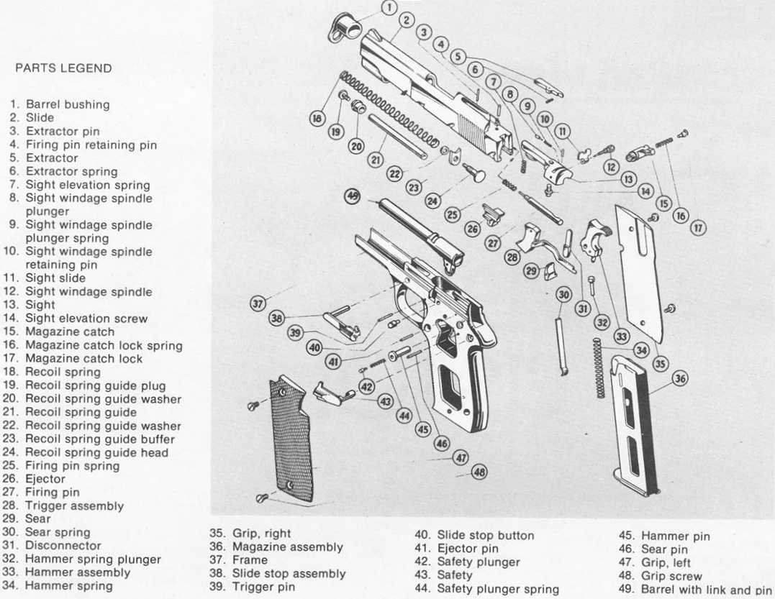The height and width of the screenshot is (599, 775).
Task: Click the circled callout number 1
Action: pyautogui.click(x=388, y=8)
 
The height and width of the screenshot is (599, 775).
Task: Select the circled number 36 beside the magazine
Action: pyautogui.click(x=679, y=379)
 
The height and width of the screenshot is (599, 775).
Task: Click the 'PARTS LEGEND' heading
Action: pyautogui.click(x=63, y=68)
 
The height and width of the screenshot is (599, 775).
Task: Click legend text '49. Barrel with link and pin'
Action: pyautogui.click(x=695, y=590)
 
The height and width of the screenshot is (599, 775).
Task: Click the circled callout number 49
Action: pyautogui.click(x=353, y=195)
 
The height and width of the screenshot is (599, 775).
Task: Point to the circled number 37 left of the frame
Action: pyautogui.click(x=258, y=303)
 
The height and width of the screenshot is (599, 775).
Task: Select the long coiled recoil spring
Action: pyautogui.click(x=389, y=108)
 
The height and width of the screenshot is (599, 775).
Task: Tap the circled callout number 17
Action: pyautogui.click(x=697, y=228)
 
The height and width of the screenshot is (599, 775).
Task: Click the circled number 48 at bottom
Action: pyautogui.click(x=479, y=472)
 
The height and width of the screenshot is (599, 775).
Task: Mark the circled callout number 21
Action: pyautogui.click(x=376, y=160)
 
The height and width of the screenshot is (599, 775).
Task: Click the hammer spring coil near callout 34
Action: pyautogui.click(x=597, y=367)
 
